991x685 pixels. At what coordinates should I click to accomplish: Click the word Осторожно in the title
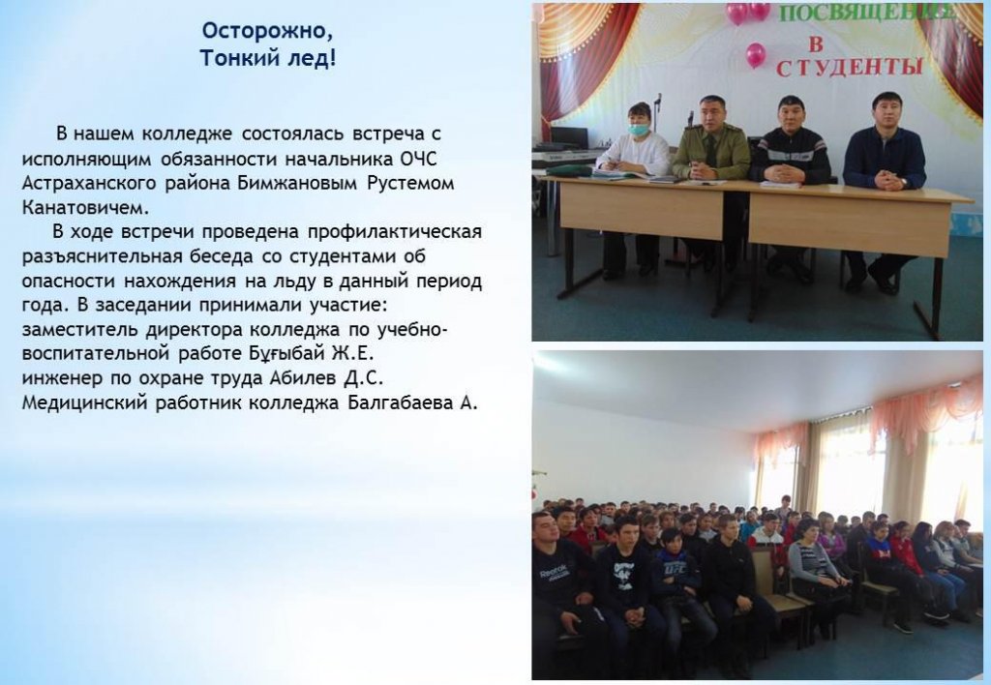[x=266, y=30]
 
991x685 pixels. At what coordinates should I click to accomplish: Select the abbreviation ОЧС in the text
[x=418, y=158]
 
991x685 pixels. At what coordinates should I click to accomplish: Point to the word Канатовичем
[x=85, y=207]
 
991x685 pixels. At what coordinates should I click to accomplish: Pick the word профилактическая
[x=395, y=232]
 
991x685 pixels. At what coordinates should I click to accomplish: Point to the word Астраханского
[x=88, y=183]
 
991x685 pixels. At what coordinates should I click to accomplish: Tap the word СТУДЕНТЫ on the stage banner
[x=849, y=67]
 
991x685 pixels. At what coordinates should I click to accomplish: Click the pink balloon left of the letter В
[x=756, y=55]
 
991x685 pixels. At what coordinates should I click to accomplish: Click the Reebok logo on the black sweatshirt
[x=556, y=574]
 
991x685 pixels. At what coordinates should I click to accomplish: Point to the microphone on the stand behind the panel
[x=658, y=99]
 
